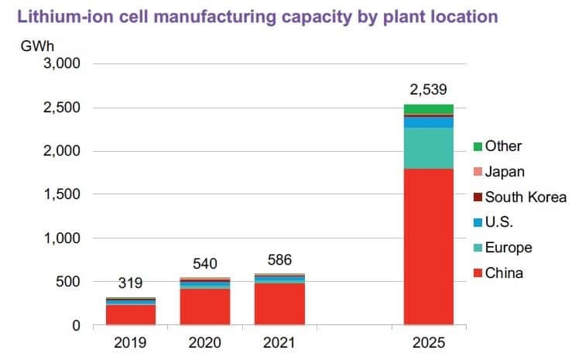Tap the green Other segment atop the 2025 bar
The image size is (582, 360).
pos(428,108)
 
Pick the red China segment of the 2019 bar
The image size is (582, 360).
pos(131,315)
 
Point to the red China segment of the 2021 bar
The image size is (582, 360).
pos(279,304)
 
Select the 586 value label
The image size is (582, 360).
pos(279,259)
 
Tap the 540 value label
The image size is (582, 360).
pos(205,264)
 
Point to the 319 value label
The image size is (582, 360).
pos(131,283)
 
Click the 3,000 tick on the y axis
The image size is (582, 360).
pos(60,63)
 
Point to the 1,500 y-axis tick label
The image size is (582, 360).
pos(60,194)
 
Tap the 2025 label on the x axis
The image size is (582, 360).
pos(428,343)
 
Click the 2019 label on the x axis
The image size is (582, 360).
pos(131,343)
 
